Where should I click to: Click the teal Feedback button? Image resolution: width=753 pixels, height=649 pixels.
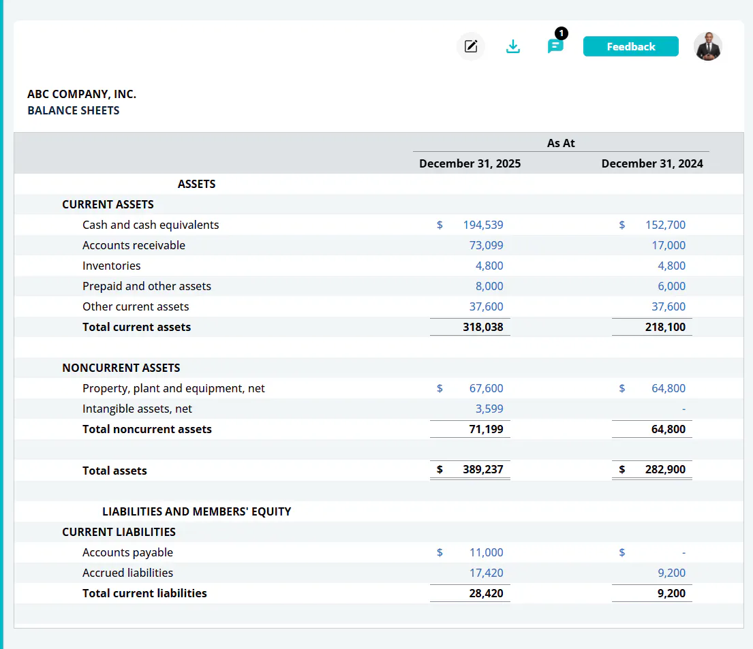[x=630, y=46]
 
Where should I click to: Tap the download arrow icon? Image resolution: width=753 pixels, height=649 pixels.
[x=513, y=46]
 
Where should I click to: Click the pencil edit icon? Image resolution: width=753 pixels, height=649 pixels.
[x=471, y=46]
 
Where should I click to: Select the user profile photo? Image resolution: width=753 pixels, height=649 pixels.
[x=708, y=46]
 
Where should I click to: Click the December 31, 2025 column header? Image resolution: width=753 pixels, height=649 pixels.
[x=470, y=163]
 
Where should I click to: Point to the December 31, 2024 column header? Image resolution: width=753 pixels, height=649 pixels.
[x=651, y=163]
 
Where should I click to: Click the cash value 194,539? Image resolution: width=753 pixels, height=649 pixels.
[x=482, y=225]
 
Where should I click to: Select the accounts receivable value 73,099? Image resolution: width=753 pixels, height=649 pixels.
[x=486, y=245]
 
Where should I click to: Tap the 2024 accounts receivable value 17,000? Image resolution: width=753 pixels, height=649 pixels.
[x=668, y=245]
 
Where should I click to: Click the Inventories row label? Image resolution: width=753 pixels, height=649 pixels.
[x=111, y=266]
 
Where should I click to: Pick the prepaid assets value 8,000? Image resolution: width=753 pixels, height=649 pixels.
[x=489, y=286]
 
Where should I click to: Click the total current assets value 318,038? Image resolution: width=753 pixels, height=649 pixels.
[x=482, y=327]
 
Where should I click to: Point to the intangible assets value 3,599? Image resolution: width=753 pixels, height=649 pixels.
[x=489, y=409]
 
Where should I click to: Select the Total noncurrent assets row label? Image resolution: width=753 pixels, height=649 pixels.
[x=147, y=429]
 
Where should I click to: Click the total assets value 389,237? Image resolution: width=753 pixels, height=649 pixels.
[x=482, y=469]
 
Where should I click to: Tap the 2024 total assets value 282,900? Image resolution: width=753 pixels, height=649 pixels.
[x=665, y=469]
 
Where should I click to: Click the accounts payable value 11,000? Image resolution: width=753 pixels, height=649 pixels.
[x=486, y=552]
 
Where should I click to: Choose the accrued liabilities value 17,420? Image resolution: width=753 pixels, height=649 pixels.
[x=486, y=573]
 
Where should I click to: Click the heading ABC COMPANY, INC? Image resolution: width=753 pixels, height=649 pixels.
[x=82, y=94]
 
